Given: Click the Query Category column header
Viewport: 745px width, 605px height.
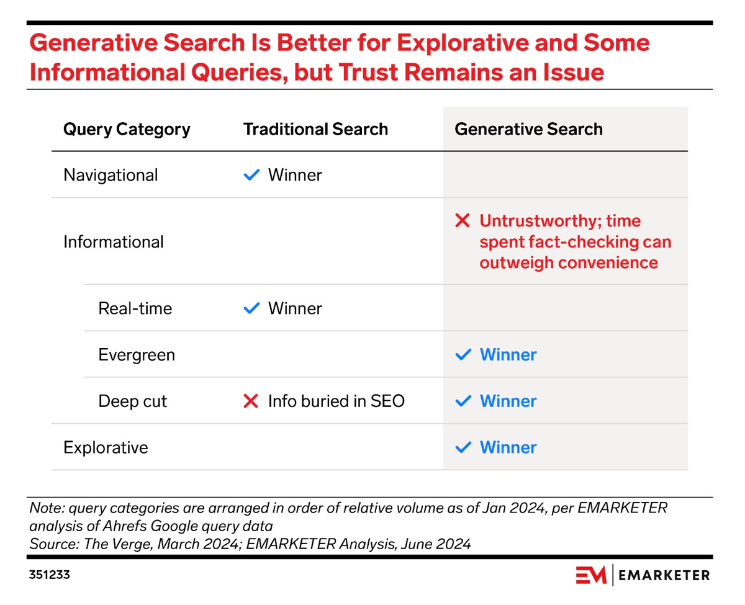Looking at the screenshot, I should click(127, 129).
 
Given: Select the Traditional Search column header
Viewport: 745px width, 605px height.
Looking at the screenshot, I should click(315, 129).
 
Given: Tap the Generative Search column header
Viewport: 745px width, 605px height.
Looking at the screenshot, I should click(528, 129).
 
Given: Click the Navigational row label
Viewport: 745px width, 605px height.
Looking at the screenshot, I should click(111, 175).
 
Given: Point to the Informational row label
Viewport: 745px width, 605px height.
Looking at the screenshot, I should click(114, 241).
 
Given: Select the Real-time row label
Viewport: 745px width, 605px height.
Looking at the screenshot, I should click(135, 308).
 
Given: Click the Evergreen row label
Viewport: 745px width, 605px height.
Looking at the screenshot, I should click(137, 355).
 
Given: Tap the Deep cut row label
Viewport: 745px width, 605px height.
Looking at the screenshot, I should click(132, 401).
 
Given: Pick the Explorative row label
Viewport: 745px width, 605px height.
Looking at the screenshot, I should click(106, 447).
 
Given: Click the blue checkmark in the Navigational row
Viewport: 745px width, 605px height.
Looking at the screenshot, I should click(251, 176).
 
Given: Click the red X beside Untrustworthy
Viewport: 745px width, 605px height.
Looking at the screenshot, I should click(463, 220).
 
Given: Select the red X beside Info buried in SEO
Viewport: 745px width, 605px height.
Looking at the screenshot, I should click(251, 401).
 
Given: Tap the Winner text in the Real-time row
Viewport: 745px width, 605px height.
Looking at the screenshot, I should click(295, 308).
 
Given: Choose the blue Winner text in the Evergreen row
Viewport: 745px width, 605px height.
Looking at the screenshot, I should click(508, 355).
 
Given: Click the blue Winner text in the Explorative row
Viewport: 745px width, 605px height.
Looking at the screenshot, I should click(508, 447).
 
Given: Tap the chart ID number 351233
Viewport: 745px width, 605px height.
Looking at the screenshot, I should click(49, 575).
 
